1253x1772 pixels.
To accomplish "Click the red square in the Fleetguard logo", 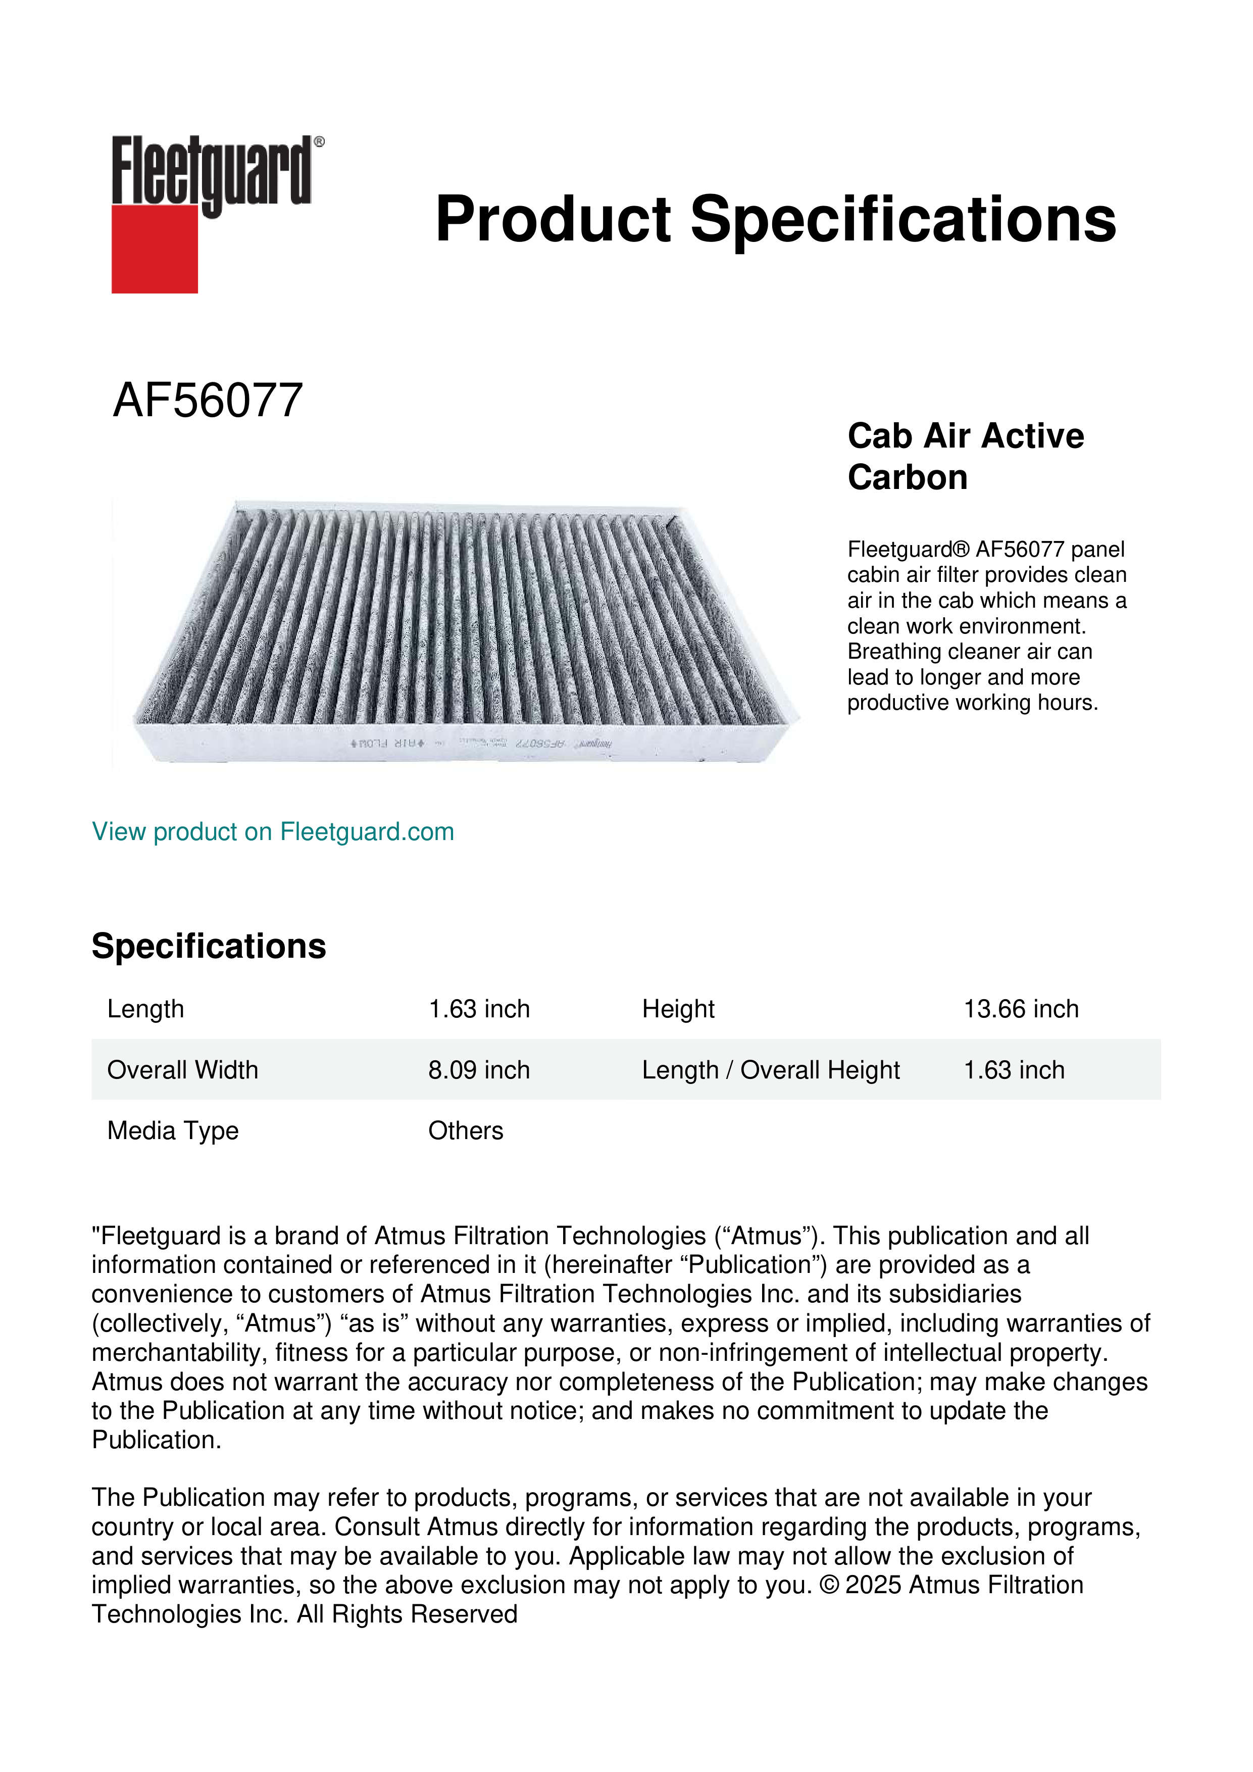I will (155, 249).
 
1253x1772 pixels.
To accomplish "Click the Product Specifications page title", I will (775, 219).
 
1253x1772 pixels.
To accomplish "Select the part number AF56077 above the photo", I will (208, 401).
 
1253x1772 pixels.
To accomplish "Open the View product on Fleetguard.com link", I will (272, 832).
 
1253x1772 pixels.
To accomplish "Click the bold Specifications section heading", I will (208, 946).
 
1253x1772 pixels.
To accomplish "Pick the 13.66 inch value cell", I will (1021, 1009).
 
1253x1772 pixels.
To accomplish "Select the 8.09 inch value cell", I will (478, 1070).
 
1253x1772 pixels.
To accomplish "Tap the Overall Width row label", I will (182, 1070).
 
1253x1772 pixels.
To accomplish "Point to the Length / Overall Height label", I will (770, 1070).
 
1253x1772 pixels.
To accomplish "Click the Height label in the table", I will (678, 1009).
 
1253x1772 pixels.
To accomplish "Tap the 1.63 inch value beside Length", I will (478, 1009).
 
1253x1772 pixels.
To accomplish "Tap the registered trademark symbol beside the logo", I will (319, 142).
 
